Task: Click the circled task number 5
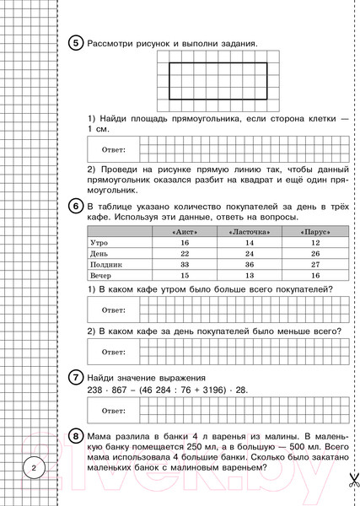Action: [x=73, y=43]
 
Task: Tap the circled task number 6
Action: [x=73, y=207]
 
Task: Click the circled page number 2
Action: [x=33, y=469]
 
